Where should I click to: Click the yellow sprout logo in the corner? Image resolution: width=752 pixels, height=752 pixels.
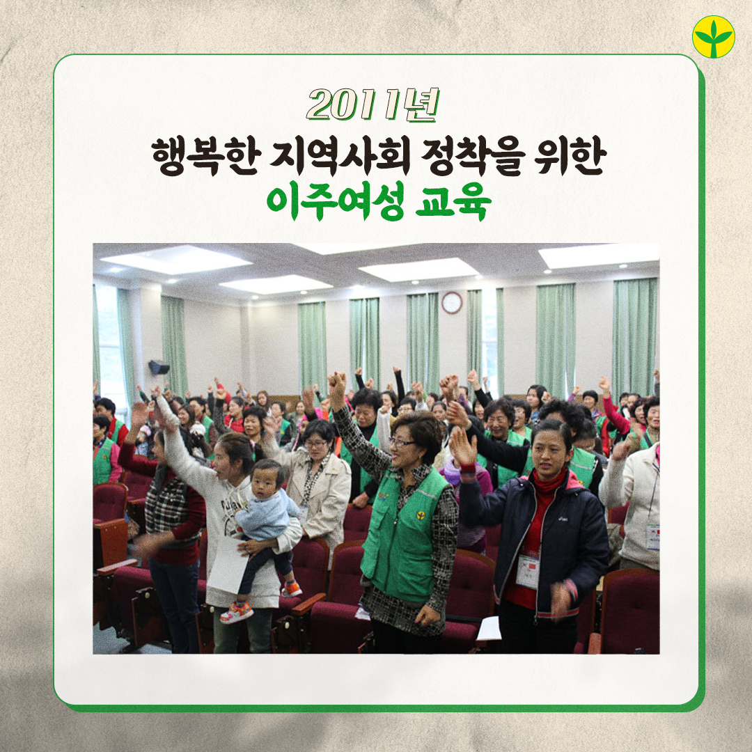pos(713,37)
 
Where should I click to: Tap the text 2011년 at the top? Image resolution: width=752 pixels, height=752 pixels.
pos(373,104)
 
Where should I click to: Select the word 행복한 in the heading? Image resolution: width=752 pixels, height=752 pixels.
pos(207,157)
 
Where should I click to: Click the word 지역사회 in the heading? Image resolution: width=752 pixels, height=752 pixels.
pos(340,157)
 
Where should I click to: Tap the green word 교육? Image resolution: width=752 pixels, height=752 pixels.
pos(453,202)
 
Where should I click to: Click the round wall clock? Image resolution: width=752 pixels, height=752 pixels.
pos(451,303)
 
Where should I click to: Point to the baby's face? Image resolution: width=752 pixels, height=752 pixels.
pos(265,482)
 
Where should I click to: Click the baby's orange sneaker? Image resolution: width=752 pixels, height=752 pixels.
pos(291,589)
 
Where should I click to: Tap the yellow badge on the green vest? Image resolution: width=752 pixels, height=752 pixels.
pos(421,516)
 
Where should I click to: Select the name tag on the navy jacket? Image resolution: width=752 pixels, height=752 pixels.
pos(528,571)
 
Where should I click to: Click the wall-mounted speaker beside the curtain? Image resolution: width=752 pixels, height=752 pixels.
pos(159,368)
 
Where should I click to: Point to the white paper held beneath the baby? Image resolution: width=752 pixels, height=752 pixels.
pos(228,565)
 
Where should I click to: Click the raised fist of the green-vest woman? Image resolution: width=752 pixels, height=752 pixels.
pos(337,383)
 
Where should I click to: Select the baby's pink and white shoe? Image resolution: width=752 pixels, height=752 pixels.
pos(237,613)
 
